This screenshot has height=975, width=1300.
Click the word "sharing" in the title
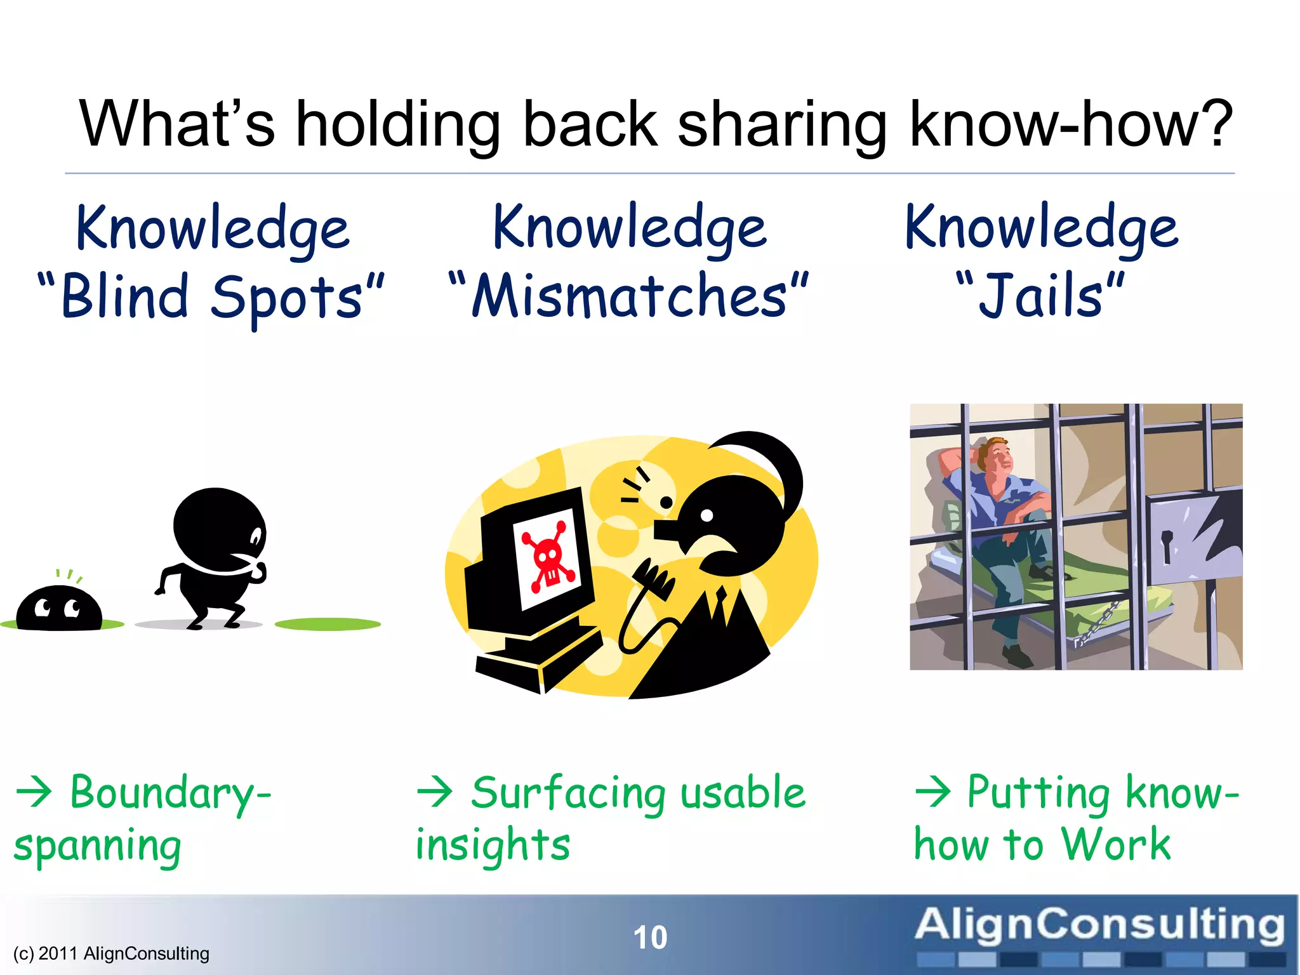pos(782,124)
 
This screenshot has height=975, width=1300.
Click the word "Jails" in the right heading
pos(1041,296)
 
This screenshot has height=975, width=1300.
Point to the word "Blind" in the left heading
pos(125,296)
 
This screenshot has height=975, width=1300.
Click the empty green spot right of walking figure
pos(328,625)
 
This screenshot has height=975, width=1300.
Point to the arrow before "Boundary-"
pos(34,792)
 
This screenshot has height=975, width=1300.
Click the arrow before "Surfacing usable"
pos(435,792)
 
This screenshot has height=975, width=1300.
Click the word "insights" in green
pos(493,846)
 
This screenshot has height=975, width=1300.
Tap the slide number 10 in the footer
pos(650,938)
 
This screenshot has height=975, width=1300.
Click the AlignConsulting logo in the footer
pos(1099,933)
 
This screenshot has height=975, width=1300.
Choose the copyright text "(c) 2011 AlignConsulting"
pos(111,953)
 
